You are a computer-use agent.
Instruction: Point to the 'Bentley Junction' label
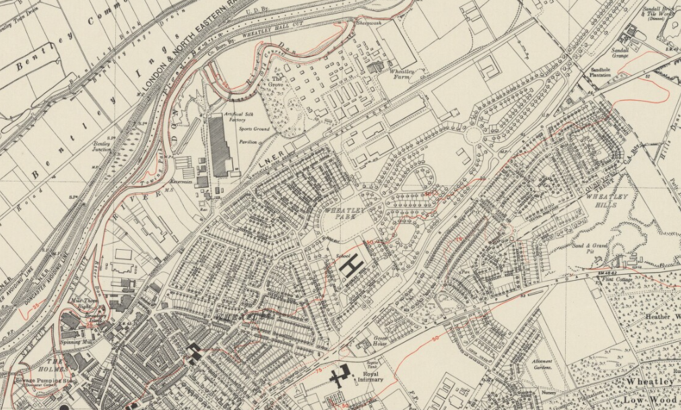click(x=101, y=146)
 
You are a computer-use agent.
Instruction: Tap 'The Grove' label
click(x=277, y=81)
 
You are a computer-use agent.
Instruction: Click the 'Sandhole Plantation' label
click(x=600, y=72)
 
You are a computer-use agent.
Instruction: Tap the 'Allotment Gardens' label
click(x=542, y=364)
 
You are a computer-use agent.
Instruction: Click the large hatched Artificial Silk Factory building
click(x=220, y=145)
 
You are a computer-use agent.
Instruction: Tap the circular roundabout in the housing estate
click(x=474, y=135)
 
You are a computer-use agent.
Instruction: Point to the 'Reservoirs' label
click(x=182, y=181)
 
